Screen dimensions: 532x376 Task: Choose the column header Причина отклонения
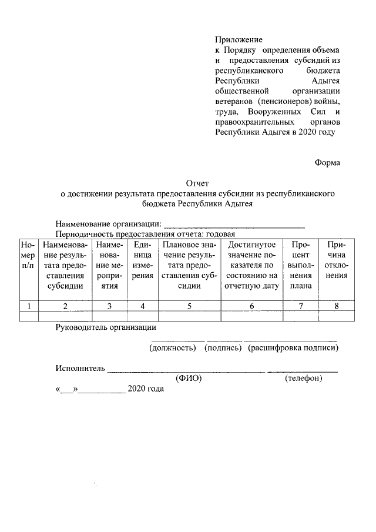[337, 260]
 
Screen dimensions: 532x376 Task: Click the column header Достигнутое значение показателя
[252, 266]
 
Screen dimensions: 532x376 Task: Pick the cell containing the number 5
[189, 305]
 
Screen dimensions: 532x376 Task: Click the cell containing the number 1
[28, 305]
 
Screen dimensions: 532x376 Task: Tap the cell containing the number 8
[337, 305]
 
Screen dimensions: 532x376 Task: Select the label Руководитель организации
[106, 327]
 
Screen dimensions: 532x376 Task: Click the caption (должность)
[172, 348]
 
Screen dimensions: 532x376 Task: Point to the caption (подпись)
[223, 348]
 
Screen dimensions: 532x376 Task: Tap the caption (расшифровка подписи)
[293, 348]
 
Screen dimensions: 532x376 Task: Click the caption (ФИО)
[189, 379]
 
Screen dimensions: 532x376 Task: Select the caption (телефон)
[303, 379]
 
